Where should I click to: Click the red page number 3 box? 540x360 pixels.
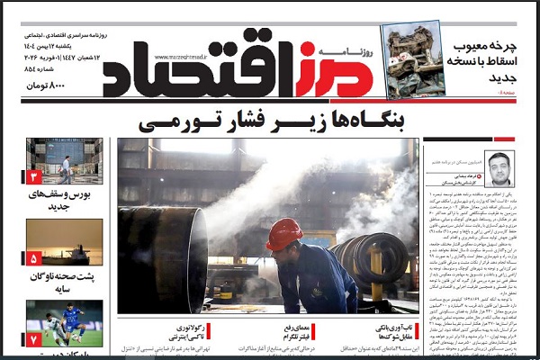pyautogui.click(x=35, y=176)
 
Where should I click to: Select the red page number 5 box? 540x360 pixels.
pyautogui.click(x=35, y=257)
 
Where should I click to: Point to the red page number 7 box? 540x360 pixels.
pyautogui.click(x=35, y=339)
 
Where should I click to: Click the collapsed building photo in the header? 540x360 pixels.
pyautogui.click(x=413, y=59)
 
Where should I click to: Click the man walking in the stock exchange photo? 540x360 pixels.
pyautogui.click(x=66, y=168)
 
